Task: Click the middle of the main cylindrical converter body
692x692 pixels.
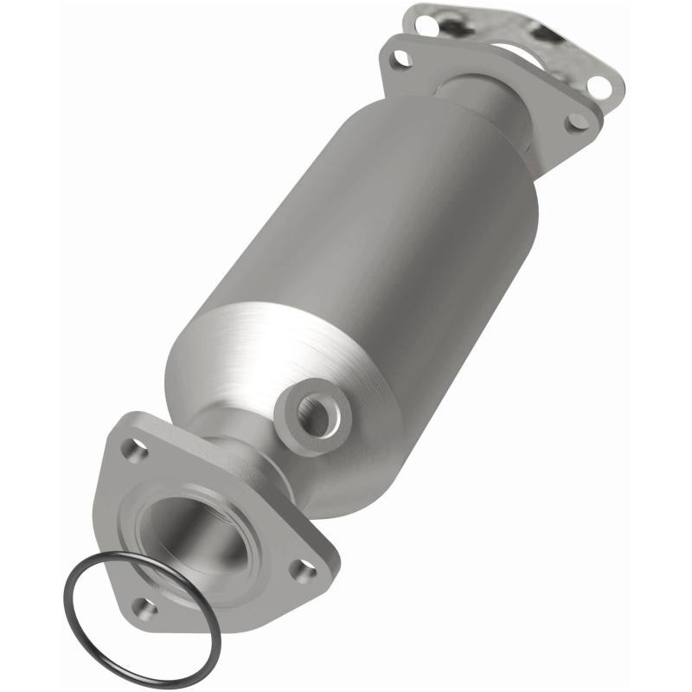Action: (x=363, y=251)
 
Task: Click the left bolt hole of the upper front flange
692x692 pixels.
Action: (x=399, y=60)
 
